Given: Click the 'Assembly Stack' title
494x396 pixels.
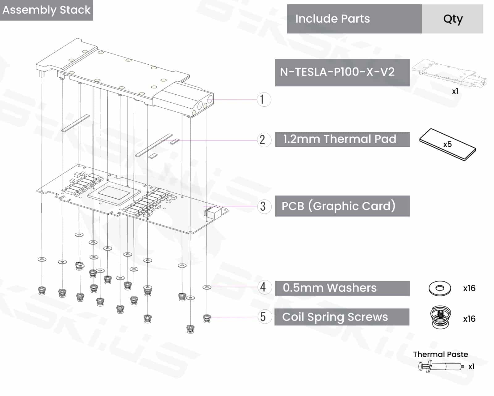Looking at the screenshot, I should tap(46, 10).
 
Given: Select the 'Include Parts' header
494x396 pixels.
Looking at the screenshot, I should tap(333, 19).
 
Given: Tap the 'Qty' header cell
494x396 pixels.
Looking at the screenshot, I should tap(453, 19).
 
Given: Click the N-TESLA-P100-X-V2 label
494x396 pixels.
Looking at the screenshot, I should tap(337, 72).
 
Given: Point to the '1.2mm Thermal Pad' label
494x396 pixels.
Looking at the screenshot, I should tap(340, 139).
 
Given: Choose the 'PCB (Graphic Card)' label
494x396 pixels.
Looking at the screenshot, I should tap(338, 206).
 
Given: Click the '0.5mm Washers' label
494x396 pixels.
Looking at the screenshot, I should tap(330, 288).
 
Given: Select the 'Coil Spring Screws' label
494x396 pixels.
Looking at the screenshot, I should tap(335, 317).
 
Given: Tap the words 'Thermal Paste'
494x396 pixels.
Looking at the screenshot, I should tap(440, 354).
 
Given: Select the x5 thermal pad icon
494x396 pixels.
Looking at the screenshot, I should tap(447, 144).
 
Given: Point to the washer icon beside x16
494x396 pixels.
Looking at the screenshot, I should tap(440, 288).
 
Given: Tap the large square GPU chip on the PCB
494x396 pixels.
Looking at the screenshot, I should tap(114, 194).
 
